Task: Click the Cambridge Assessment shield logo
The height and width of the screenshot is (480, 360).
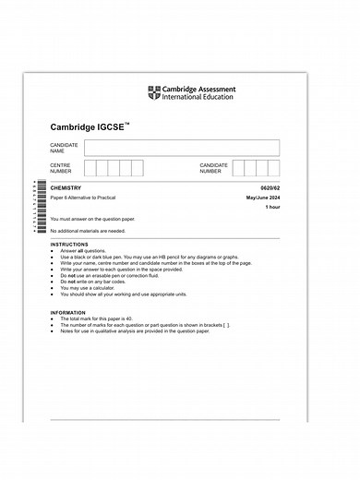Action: coord(153,92)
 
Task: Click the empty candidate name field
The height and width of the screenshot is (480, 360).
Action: coord(182,148)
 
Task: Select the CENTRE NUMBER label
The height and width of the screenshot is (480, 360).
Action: coord(61,168)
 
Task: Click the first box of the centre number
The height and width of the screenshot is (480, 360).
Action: coord(90,167)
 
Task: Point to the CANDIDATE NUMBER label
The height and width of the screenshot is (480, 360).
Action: coord(213,168)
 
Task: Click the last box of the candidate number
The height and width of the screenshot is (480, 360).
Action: coord(273,167)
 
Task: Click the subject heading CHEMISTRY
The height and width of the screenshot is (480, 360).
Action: coord(66,189)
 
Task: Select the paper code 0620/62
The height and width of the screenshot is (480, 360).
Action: coord(270,189)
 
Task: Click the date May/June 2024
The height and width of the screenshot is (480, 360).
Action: coord(263,199)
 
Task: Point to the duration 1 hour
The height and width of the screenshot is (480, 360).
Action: coord(271,209)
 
